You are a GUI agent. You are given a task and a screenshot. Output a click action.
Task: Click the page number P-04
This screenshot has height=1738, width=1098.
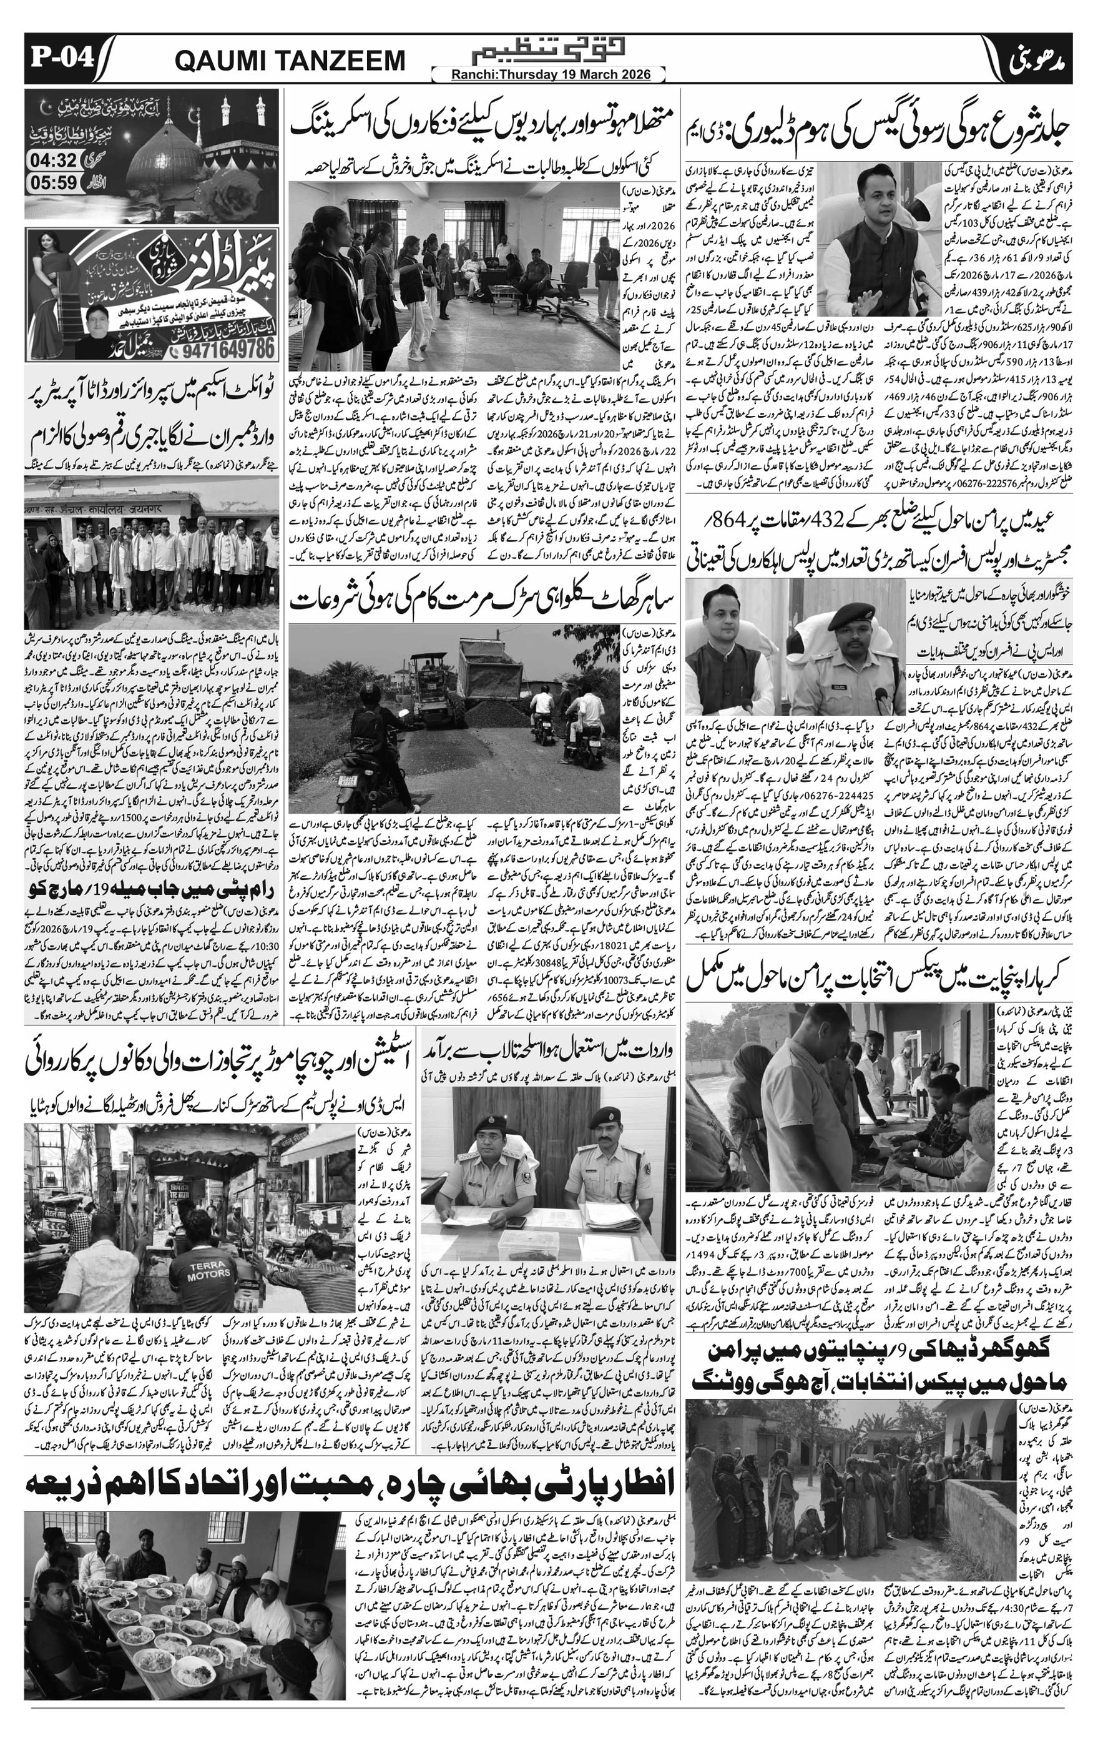(x=62, y=57)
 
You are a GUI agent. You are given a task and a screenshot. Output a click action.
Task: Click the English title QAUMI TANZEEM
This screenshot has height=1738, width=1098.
(x=290, y=61)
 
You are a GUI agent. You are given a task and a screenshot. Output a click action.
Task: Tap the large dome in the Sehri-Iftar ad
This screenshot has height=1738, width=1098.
(x=159, y=145)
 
